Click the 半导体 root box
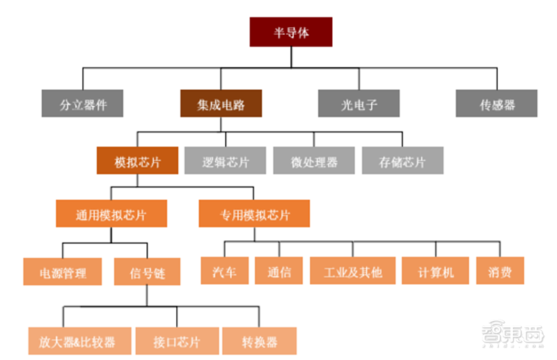tap(290, 32)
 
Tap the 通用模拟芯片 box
tap(111, 213)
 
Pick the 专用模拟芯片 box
tap(253, 213)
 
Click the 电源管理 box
tap(63, 271)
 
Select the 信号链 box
tap(146, 271)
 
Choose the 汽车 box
tap(223, 271)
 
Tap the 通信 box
tap(279, 271)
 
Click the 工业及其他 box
tap(352, 271)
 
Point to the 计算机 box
tap(436, 271)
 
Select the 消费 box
tap(500, 271)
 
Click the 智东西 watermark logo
tap(515, 336)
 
